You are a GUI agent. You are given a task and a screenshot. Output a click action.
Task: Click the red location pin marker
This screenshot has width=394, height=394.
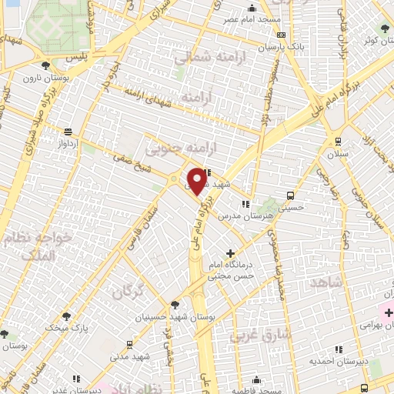[197, 182]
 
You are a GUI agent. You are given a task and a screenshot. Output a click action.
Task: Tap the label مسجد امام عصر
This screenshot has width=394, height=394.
[251, 18]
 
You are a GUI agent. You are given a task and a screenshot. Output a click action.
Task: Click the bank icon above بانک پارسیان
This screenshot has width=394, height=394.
[281, 35]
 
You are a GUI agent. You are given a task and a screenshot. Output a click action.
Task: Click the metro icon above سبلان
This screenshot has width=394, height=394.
[338, 141]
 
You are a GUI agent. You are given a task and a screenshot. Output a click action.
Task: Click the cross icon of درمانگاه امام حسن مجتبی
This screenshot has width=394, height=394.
[229, 253]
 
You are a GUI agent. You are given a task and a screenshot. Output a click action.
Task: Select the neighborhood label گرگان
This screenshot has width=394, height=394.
[127, 292]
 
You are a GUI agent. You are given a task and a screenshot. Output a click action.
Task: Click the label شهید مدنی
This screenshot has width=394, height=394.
[129, 358]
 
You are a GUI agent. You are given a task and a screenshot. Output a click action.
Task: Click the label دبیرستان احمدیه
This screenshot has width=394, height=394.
[332, 360]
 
